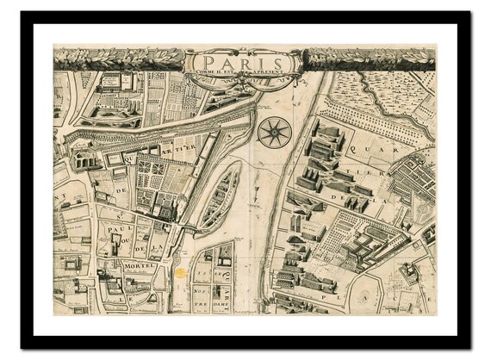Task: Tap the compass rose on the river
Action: [274, 132]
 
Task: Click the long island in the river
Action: [220, 197]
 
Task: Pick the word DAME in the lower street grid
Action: [203, 302]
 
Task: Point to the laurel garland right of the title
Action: [370, 59]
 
